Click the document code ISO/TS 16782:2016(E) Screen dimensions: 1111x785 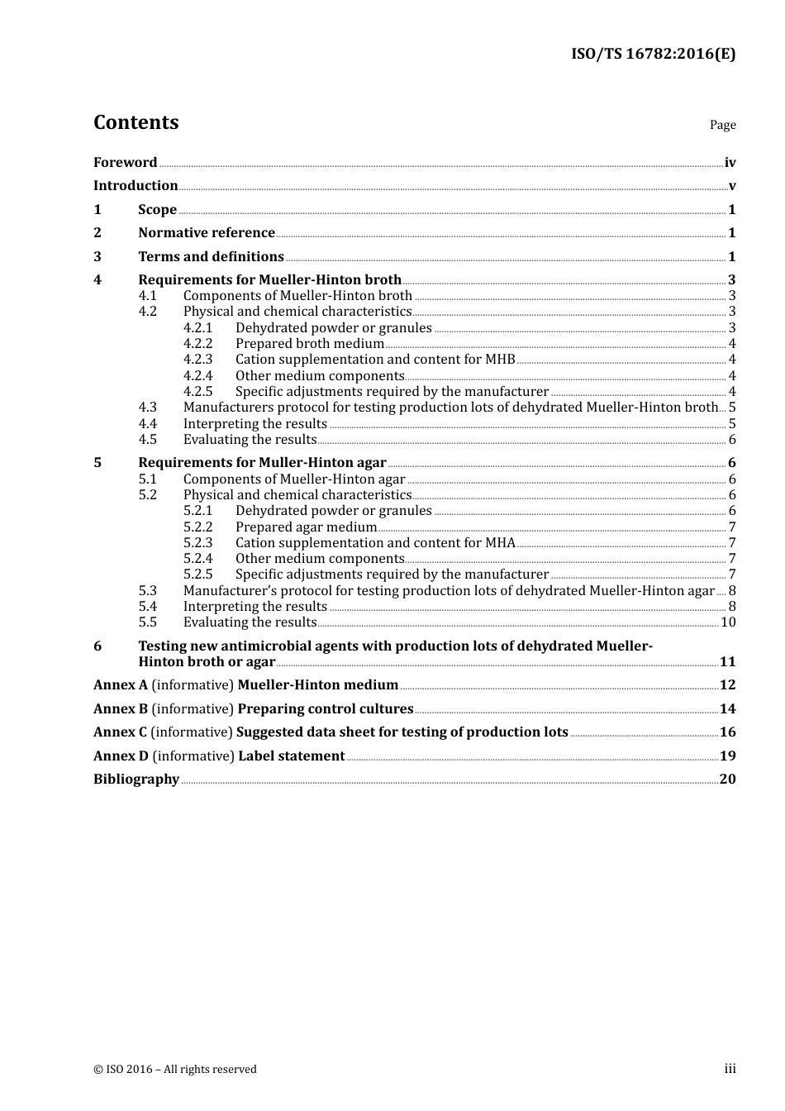[653, 55]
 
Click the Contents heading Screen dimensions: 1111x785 [136, 122]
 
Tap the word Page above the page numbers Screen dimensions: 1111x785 [722, 125]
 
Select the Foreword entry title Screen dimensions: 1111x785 [125, 163]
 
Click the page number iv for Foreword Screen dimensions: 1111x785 [730, 163]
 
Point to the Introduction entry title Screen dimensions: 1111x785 [136, 186]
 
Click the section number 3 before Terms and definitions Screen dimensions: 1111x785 [98, 257]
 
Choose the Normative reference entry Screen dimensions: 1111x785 [207, 233]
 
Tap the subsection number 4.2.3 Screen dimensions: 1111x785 [197, 360]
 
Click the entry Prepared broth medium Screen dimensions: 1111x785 [310, 344]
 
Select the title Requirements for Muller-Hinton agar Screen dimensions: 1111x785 [262, 463]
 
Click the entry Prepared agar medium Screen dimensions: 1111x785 [306, 527]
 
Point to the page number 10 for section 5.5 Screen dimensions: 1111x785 [728, 622]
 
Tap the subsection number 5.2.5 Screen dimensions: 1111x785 [197, 575]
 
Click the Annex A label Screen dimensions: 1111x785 [121, 685]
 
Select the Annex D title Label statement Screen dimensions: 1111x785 [291, 756]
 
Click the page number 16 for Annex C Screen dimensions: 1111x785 [727, 732]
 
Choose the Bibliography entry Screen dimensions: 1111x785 [136, 780]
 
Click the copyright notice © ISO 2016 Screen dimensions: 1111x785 [175, 1070]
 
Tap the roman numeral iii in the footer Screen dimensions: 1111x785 [730, 1069]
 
